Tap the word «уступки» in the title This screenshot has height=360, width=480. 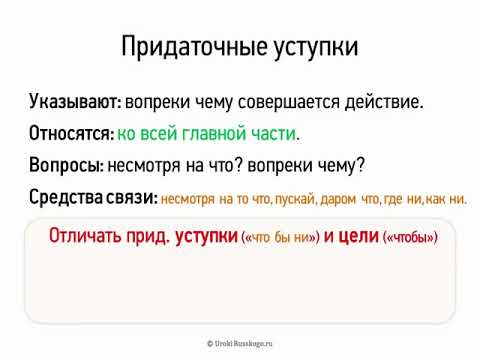point(313,47)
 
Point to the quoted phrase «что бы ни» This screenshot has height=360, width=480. point(280,239)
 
